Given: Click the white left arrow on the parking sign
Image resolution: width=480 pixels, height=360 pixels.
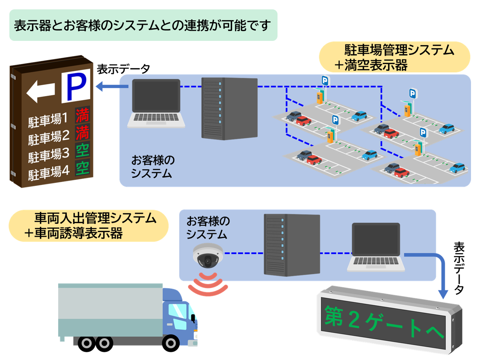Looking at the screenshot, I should pos(40,91).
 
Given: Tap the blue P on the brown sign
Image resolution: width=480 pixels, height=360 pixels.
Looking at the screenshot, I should pos(76,86).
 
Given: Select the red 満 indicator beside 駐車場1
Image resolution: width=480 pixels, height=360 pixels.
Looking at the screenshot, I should pos(82,115).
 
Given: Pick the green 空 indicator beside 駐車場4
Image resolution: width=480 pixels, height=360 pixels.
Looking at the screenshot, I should pos(82,168).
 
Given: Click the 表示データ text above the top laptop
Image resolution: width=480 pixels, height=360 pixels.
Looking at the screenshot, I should pos(123,69).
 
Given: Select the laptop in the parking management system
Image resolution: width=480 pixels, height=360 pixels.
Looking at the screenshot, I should pos(156,103).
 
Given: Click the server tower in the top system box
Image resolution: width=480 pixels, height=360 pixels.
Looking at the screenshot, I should pos(229,108).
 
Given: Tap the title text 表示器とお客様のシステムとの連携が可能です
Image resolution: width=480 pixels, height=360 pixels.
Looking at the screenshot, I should pos(142,25).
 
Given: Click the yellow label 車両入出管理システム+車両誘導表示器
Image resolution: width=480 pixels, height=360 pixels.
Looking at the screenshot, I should pos(89,226).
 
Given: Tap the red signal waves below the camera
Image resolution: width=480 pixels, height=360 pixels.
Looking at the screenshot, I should pos(208,285).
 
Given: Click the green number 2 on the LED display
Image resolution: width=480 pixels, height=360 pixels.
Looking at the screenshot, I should pos(354,320).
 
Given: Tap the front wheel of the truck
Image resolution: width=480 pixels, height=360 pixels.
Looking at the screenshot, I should pos(171,343).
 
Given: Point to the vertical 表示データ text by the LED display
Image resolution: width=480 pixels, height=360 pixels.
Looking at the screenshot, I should pos(459,268).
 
